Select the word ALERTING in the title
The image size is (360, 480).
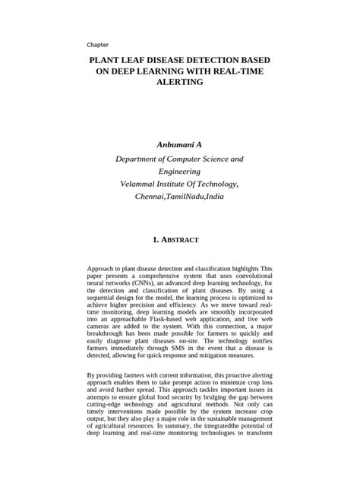180,83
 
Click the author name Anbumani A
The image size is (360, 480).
180,144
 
